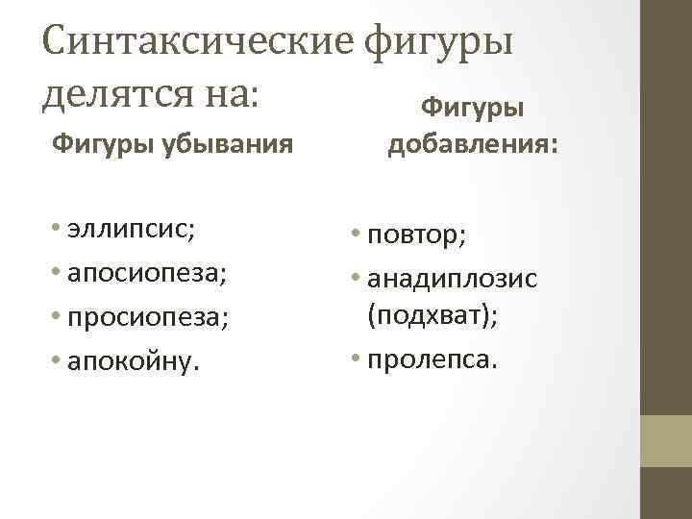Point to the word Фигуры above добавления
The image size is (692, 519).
tap(473, 107)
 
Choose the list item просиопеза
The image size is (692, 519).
tap(146, 314)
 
